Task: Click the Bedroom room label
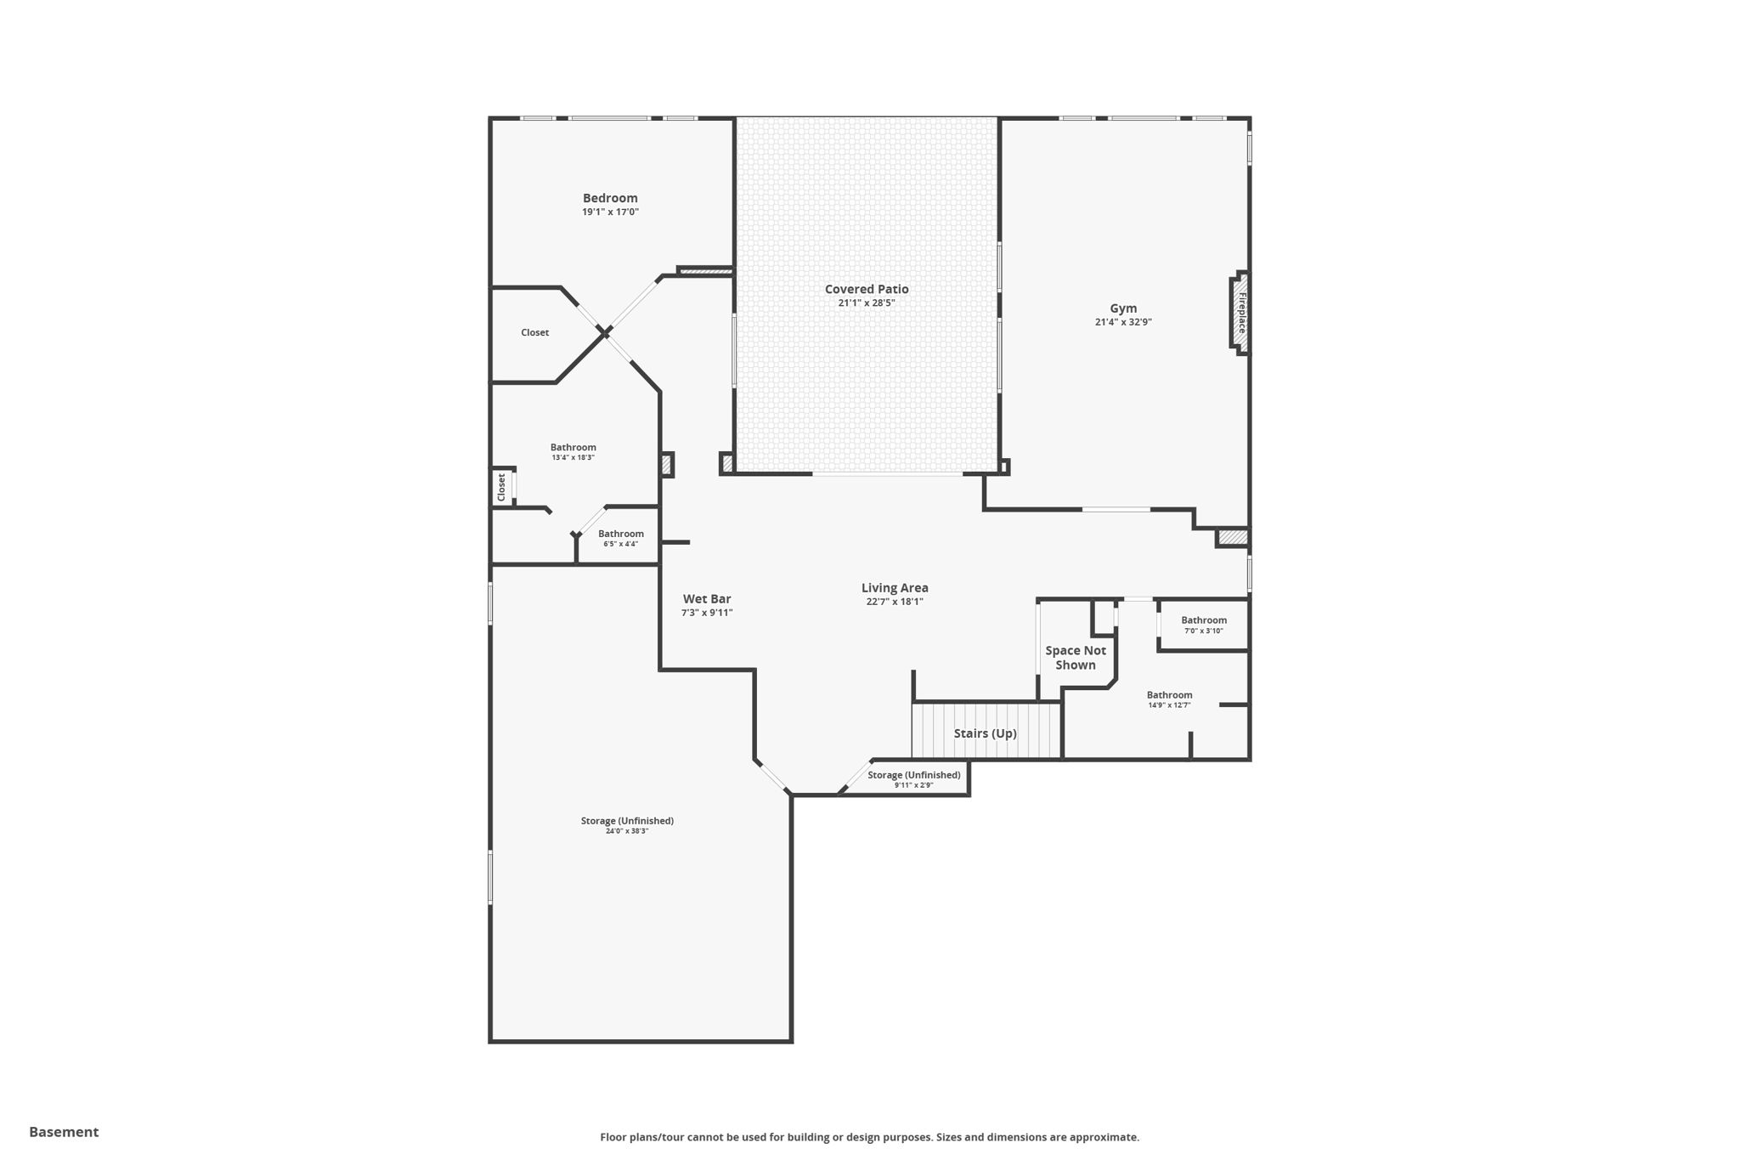click(x=610, y=198)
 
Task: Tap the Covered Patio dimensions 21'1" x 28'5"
click(x=866, y=303)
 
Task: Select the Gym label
click(x=1123, y=308)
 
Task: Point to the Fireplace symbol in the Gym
click(x=1240, y=313)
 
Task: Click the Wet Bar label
click(x=707, y=599)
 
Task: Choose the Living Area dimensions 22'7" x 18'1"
click(x=895, y=602)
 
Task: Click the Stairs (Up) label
click(x=985, y=733)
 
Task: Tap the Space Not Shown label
click(x=1076, y=658)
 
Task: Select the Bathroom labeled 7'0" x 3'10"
click(x=1203, y=625)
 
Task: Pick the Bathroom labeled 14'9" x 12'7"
click(x=1169, y=699)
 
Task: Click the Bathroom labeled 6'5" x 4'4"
click(x=620, y=538)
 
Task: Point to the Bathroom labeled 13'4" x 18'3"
click(x=573, y=451)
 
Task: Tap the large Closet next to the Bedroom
click(x=534, y=332)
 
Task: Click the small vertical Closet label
click(x=501, y=487)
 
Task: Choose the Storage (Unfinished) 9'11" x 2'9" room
click(x=913, y=778)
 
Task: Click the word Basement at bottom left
click(x=64, y=1132)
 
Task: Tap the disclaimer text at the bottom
click(x=869, y=1137)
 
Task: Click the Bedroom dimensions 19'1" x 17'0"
click(x=610, y=212)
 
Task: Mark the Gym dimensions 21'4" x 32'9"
click(x=1123, y=322)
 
